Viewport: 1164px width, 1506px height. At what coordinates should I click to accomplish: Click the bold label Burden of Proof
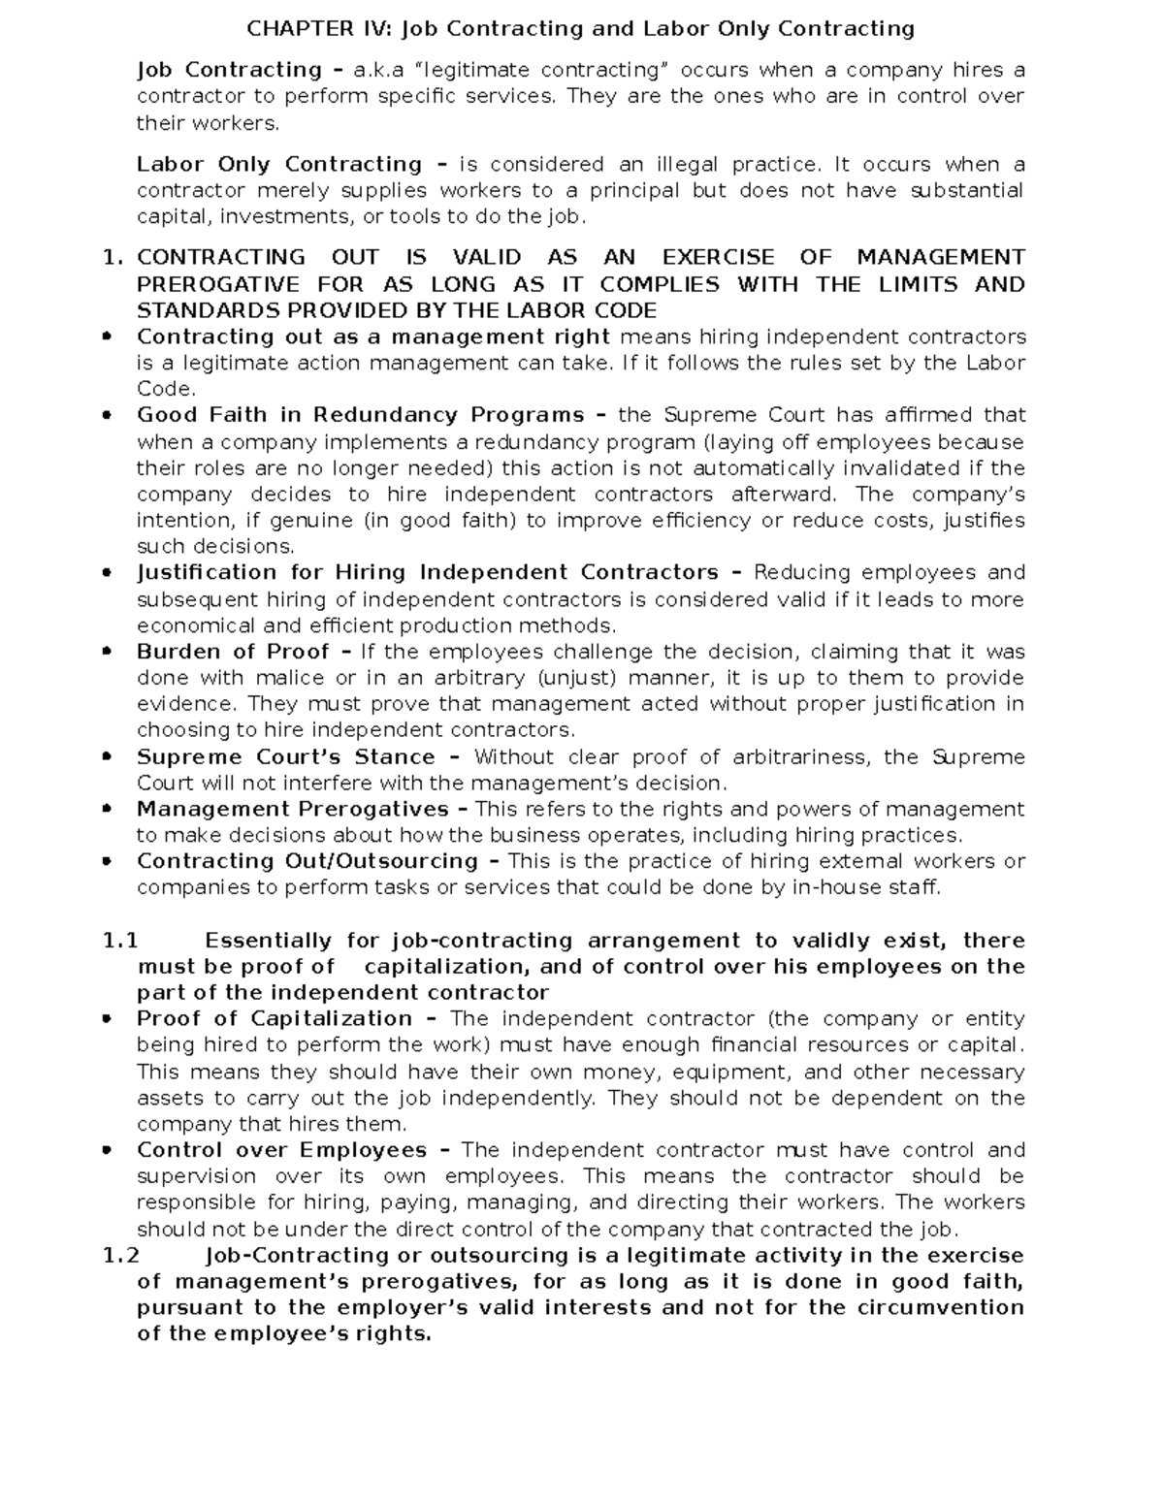[233, 652]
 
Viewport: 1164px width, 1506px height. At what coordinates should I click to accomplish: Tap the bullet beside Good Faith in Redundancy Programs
[108, 415]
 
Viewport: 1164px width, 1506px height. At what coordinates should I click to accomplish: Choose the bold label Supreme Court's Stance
[285, 756]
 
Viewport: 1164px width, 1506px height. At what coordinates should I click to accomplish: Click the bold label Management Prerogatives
[292, 809]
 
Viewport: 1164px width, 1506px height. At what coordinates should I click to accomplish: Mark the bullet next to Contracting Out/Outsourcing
[108, 861]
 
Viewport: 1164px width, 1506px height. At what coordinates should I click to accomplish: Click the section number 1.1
[120, 941]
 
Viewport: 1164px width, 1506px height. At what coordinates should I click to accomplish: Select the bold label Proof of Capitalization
[275, 1018]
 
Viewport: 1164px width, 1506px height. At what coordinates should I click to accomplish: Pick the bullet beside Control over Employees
[108, 1150]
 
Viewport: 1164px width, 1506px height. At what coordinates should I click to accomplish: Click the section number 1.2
[121, 1256]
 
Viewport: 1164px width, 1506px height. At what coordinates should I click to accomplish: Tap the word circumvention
[940, 1307]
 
